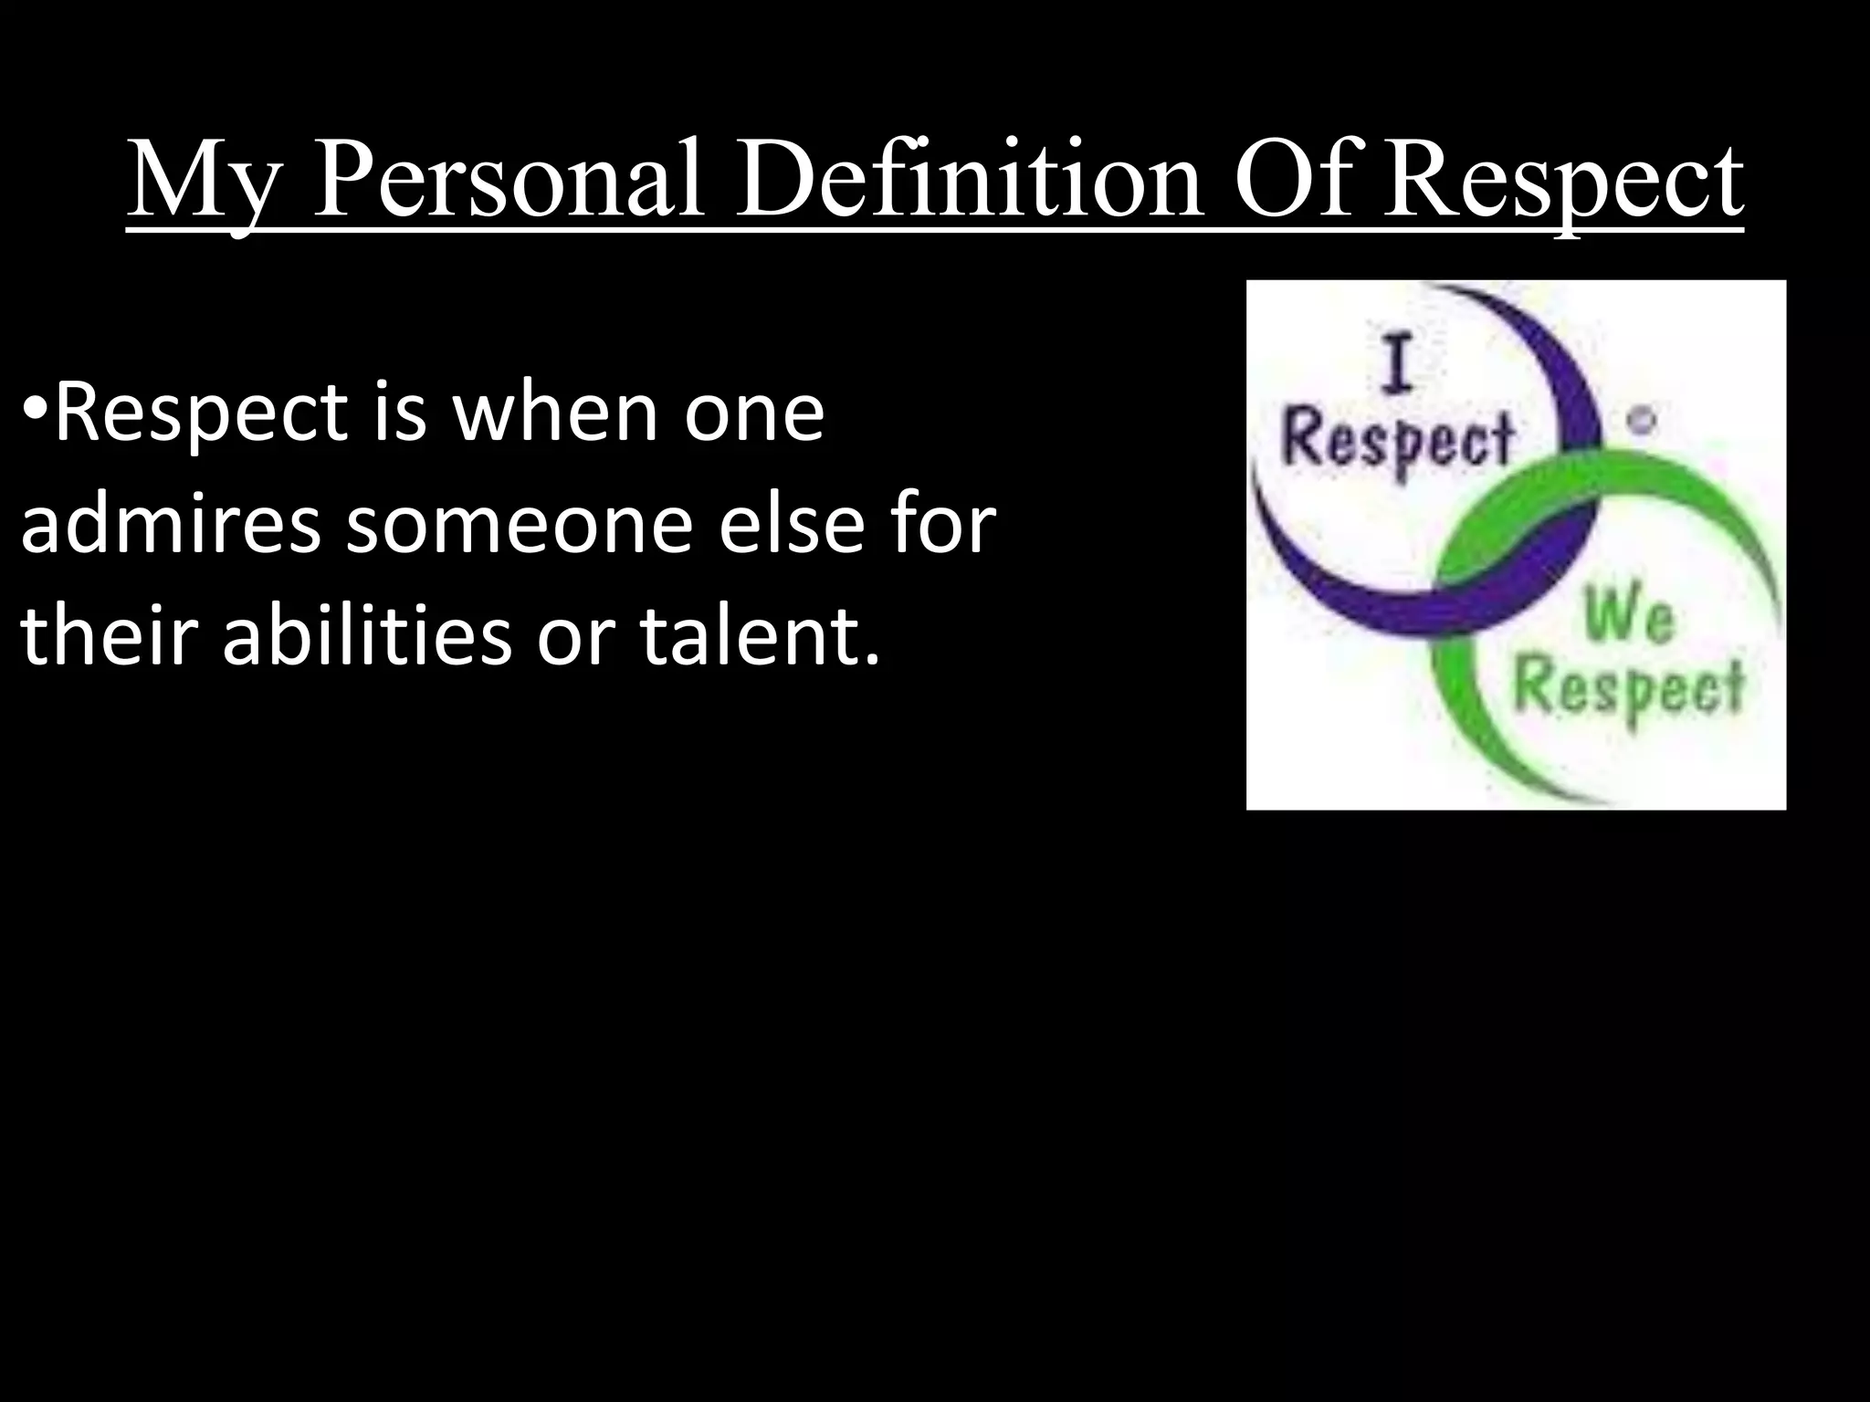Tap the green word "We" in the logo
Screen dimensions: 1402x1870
click(x=1629, y=618)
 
